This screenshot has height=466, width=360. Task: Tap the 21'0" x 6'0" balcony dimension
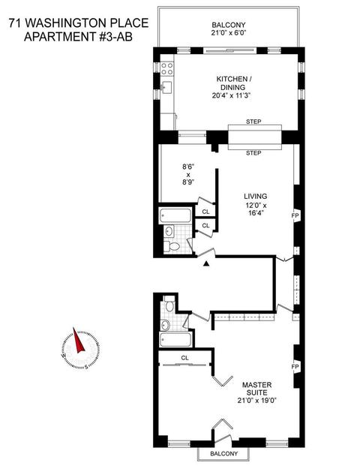pyautogui.click(x=229, y=33)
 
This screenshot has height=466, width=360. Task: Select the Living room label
pyautogui.click(x=256, y=196)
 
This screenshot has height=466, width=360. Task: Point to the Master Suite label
pyautogui.click(x=257, y=389)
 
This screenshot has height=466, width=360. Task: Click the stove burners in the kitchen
pyautogui.click(x=166, y=68)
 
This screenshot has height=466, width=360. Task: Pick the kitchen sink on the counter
pyautogui.click(x=167, y=87)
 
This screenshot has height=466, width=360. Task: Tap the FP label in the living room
pyautogui.click(x=295, y=215)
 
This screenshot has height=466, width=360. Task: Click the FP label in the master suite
pyautogui.click(x=295, y=367)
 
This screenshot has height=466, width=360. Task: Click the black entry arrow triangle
pyautogui.click(x=206, y=263)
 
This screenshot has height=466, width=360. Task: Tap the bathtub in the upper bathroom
pyautogui.click(x=175, y=215)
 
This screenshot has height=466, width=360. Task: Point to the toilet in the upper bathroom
pyautogui.click(x=172, y=246)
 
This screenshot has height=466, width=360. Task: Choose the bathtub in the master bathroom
pyautogui.click(x=175, y=339)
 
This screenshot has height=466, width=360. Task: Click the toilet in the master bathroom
pyautogui.click(x=169, y=304)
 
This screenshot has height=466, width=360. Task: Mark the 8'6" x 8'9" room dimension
pyautogui.click(x=188, y=174)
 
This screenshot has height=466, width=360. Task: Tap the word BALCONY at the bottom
pyautogui.click(x=224, y=453)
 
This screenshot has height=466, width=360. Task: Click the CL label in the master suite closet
pyautogui.click(x=184, y=358)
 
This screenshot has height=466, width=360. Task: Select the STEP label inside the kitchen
pyautogui.click(x=253, y=122)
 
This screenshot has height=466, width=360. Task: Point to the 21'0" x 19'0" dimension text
pyautogui.click(x=257, y=400)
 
